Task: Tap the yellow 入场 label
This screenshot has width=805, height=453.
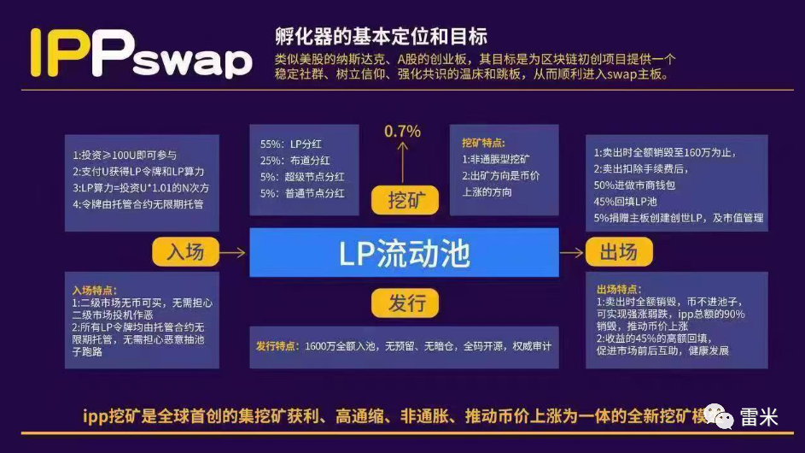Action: tap(185, 252)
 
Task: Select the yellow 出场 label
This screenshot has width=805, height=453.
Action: tap(619, 252)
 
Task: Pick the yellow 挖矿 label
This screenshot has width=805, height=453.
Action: tap(404, 200)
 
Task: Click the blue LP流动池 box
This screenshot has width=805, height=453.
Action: tap(404, 252)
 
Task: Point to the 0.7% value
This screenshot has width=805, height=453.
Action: tap(403, 132)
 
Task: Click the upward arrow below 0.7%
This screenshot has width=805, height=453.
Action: tap(403, 162)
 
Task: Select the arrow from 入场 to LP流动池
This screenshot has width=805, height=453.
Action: tap(232, 252)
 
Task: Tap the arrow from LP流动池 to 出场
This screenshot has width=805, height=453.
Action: tap(571, 252)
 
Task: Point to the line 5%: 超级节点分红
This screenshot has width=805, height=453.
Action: tap(303, 177)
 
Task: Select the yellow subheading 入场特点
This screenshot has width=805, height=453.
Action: tap(95, 291)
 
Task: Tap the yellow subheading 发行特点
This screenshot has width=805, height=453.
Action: tap(277, 347)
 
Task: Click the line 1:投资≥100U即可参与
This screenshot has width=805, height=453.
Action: tap(125, 155)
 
